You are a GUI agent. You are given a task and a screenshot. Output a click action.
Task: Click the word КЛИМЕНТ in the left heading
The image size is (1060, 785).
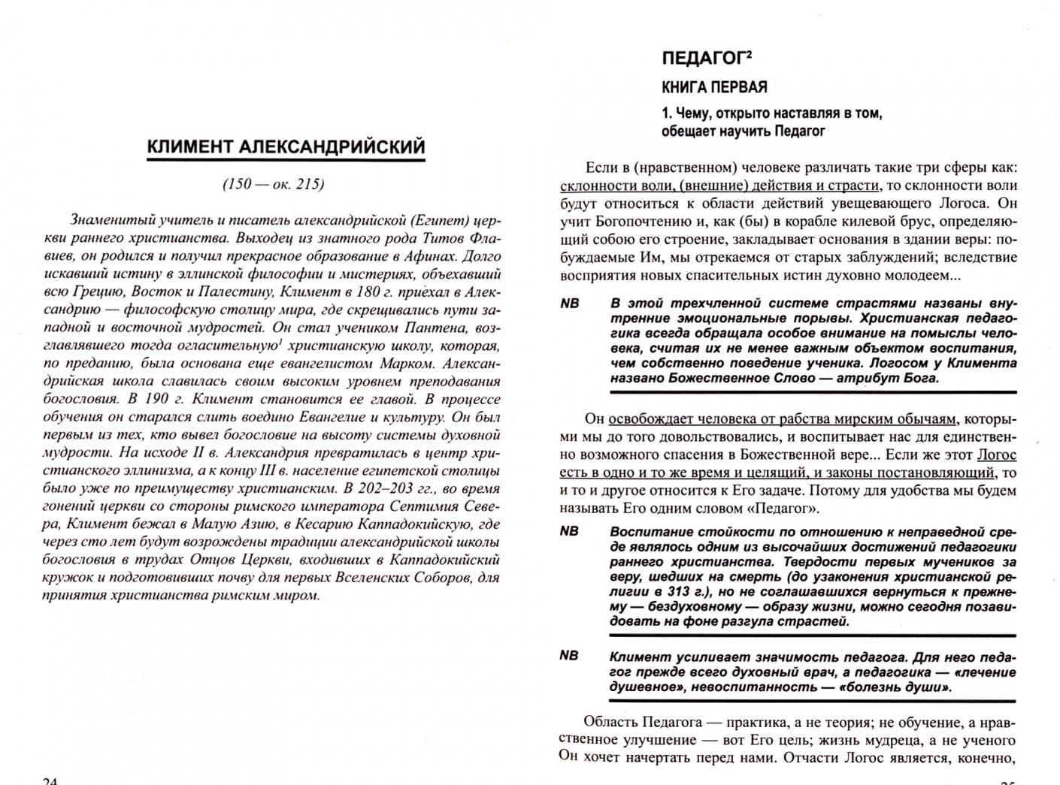189,147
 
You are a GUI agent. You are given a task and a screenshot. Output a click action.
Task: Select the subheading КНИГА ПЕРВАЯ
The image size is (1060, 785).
714,87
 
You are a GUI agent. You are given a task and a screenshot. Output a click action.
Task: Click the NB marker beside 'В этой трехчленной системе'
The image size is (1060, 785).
570,304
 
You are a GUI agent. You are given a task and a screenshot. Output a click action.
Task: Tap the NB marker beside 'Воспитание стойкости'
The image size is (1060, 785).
570,531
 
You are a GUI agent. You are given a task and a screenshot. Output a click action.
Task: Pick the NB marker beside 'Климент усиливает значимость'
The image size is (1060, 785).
570,656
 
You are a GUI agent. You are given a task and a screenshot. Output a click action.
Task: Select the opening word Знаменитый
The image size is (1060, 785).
113,220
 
